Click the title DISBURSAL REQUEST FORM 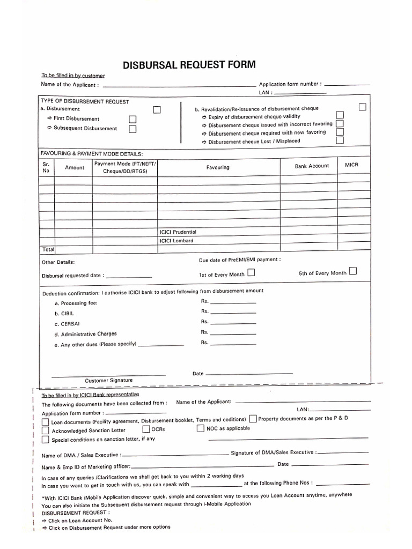189,65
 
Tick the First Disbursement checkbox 133,119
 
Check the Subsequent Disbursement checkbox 133,129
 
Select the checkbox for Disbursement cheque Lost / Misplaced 340,140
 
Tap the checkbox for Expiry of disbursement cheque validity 340,115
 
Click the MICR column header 351,165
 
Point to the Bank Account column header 312,166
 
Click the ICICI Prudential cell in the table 178,232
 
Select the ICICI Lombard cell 176,241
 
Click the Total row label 48,250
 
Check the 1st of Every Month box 251,273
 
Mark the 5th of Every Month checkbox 353,271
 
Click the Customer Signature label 108,380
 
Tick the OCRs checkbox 146,429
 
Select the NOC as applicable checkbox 201,428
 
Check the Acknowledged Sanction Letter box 46,431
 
